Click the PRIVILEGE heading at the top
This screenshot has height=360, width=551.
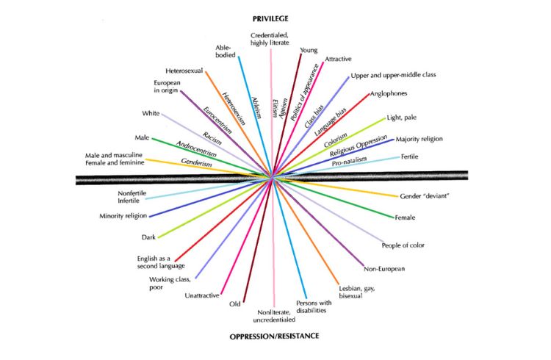(x=274, y=16)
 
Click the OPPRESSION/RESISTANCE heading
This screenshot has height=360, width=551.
(x=274, y=336)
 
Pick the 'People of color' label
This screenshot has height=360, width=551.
(x=403, y=245)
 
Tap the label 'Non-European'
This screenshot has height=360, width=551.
(x=385, y=268)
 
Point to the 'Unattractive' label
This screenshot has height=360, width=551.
(x=202, y=296)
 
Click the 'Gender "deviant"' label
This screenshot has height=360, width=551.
(x=424, y=197)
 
